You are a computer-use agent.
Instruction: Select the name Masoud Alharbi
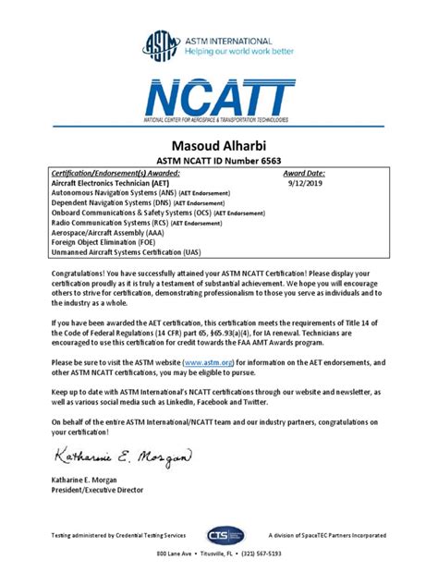(219, 146)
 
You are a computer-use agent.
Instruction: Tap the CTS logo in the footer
(225, 535)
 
